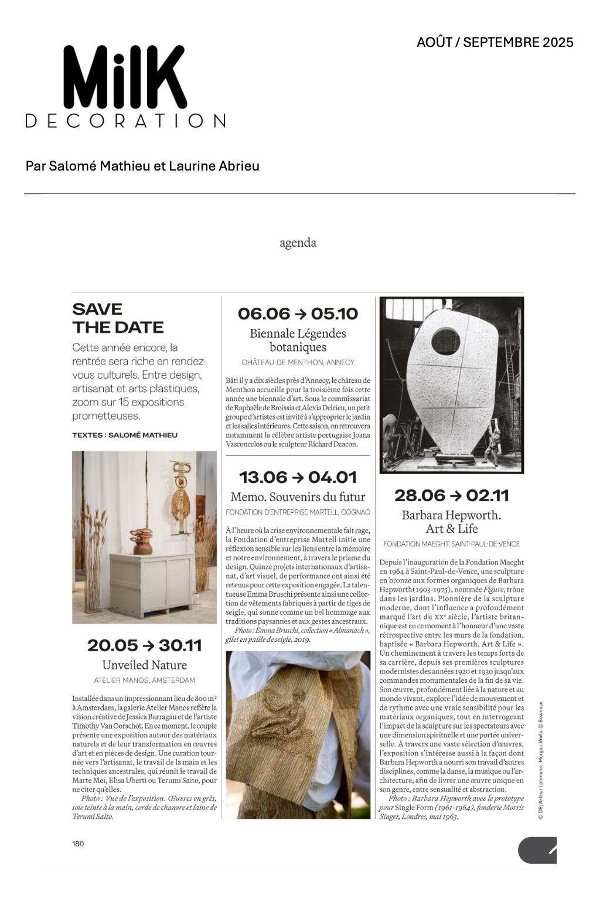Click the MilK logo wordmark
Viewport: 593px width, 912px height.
click(125, 77)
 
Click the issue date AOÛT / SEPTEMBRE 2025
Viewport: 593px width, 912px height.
click(495, 42)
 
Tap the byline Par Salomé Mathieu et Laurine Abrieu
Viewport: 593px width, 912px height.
click(142, 166)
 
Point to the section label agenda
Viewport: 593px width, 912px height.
click(298, 243)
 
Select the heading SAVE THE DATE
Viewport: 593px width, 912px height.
click(118, 318)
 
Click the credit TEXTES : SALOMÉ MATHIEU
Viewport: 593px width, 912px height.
click(124, 435)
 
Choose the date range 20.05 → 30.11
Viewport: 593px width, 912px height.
click(144, 645)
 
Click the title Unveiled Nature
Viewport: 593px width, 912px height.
click(144, 665)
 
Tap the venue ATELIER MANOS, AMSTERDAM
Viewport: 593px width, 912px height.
click(144, 680)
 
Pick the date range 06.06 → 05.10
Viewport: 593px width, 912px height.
click(298, 314)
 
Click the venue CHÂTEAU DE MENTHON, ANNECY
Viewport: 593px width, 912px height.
click(298, 362)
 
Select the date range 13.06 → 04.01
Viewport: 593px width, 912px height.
click(298, 477)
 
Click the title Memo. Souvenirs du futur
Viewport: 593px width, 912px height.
click(298, 497)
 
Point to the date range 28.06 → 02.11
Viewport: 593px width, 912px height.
click(451, 495)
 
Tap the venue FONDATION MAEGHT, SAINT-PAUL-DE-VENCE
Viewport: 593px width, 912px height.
click(451, 544)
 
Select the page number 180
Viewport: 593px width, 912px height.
click(78, 843)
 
